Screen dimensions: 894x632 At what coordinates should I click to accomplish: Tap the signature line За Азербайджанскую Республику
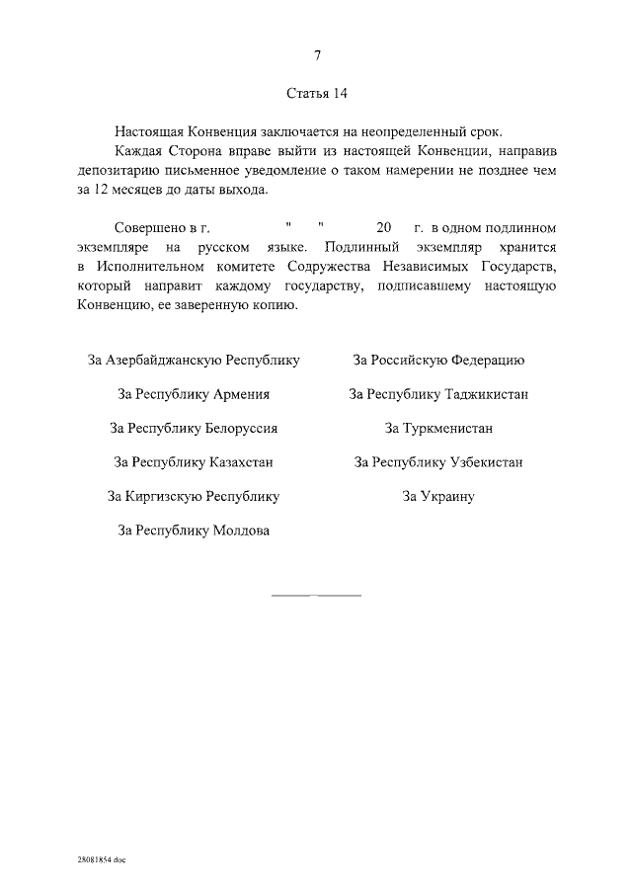[x=194, y=361]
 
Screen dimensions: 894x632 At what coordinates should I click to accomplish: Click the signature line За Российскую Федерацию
[x=438, y=361]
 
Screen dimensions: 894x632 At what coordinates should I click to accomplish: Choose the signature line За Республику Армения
[x=194, y=394]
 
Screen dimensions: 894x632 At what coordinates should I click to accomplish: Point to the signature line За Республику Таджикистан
[x=438, y=394]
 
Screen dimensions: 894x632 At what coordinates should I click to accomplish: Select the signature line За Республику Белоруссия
[x=194, y=428]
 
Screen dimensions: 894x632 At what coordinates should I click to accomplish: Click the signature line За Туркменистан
[x=438, y=428]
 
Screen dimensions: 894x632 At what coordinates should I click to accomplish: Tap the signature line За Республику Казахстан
[x=194, y=461]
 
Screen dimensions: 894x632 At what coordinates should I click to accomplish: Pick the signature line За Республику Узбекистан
[x=438, y=461]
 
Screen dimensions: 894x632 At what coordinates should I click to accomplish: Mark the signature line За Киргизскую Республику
[x=194, y=496]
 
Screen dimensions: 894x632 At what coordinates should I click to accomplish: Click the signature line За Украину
[x=438, y=496]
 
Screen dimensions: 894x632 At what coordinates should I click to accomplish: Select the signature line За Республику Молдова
[x=194, y=530]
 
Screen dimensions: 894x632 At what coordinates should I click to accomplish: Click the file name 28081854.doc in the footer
[x=101, y=860]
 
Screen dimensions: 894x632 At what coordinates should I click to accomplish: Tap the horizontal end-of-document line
[x=316, y=596]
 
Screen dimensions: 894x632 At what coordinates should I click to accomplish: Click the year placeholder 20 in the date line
[x=370, y=226]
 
